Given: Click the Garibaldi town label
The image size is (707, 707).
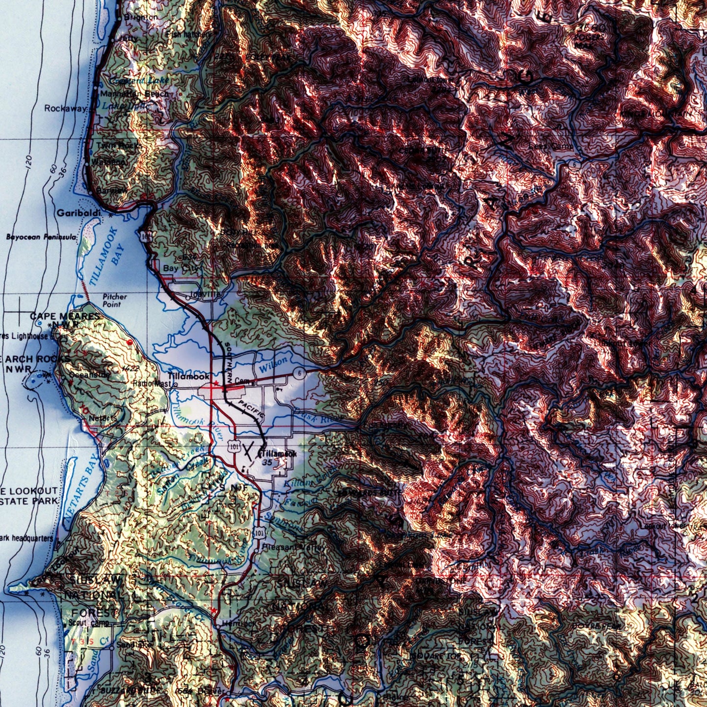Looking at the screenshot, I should (79, 213).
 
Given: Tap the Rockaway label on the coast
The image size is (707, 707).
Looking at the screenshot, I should (66, 108).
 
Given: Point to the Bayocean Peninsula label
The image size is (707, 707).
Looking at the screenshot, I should (42, 237).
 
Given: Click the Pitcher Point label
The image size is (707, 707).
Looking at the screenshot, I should (114, 300).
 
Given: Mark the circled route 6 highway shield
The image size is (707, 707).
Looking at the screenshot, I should (300, 373).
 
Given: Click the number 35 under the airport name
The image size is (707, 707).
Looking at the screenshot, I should (267, 462).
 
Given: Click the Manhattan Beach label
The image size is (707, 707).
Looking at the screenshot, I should (135, 93).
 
